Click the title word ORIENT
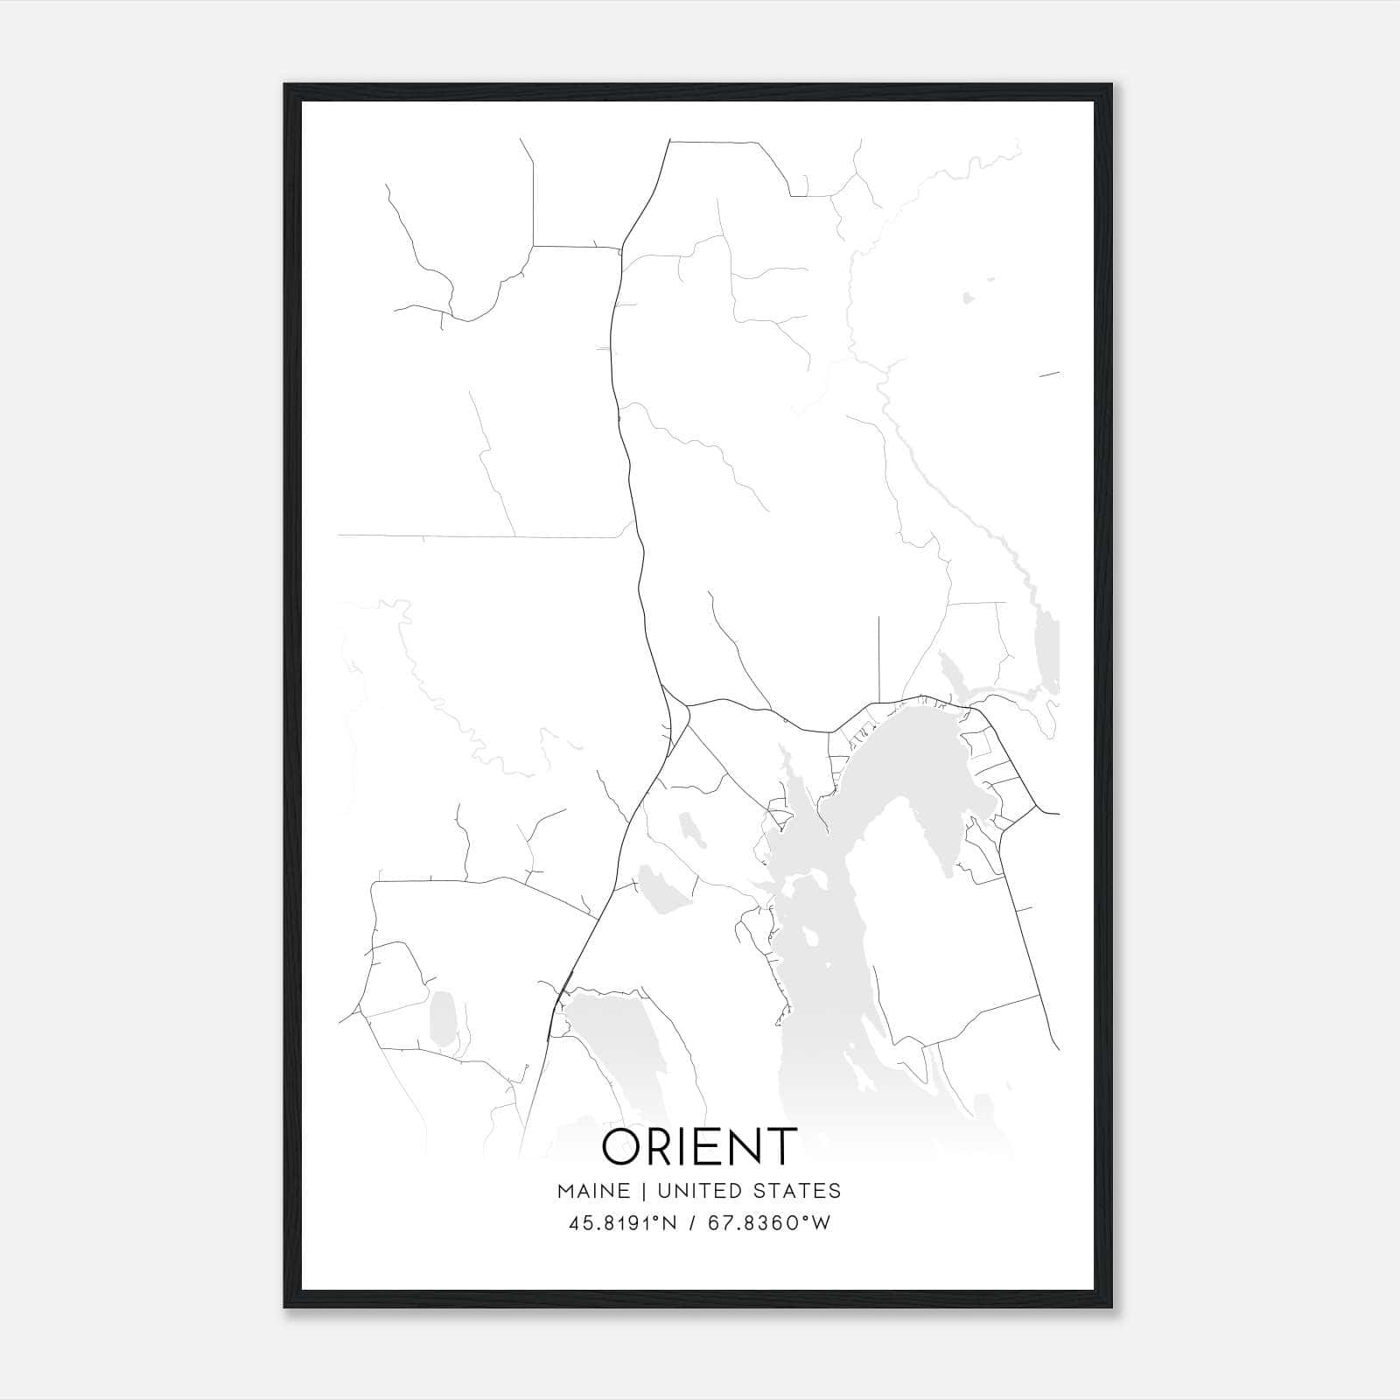pyautogui.click(x=699, y=1146)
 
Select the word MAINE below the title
pyautogui.click(x=592, y=1190)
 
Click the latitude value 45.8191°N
pyautogui.click(x=622, y=1223)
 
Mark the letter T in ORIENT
pyautogui.click(x=780, y=1146)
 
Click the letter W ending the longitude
pyautogui.click(x=821, y=1223)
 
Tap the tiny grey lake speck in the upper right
pyautogui.click(x=968, y=297)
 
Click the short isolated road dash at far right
pyautogui.click(x=1049, y=374)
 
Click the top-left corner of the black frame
pyautogui.click(x=285, y=85)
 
